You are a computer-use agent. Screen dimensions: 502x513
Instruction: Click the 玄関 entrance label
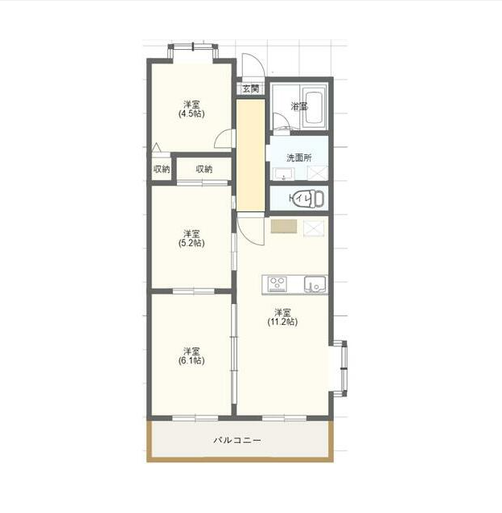pyautogui.click(x=251, y=88)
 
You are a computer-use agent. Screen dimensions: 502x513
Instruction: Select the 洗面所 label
pyautogui.click(x=298, y=158)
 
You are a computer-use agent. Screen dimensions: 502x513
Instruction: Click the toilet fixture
pyautogui.click(x=311, y=199)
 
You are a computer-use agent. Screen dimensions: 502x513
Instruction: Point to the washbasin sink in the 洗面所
pyautogui.click(x=284, y=174)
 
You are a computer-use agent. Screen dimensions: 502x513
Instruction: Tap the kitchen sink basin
pyautogui.click(x=315, y=284)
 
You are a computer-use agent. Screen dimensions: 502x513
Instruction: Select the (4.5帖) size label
pyautogui.click(x=191, y=114)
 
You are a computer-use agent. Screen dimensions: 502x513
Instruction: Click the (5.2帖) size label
pyautogui.click(x=191, y=243)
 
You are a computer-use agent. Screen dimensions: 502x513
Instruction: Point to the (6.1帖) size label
pyautogui.click(x=191, y=360)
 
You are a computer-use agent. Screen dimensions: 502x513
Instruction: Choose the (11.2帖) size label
pyautogui.click(x=282, y=322)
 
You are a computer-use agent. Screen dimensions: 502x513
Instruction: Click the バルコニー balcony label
pyautogui.click(x=237, y=441)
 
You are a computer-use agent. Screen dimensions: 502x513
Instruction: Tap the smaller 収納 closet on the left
pyautogui.click(x=162, y=169)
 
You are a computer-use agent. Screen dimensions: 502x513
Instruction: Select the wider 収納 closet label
pyautogui.click(x=204, y=169)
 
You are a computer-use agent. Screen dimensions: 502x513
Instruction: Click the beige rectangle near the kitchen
pyautogui.click(x=284, y=226)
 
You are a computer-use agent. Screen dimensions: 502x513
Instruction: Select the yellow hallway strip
pyautogui.click(x=251, y=155)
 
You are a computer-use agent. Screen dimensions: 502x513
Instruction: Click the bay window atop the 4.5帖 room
pyautogui.click(x=193, y=51)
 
